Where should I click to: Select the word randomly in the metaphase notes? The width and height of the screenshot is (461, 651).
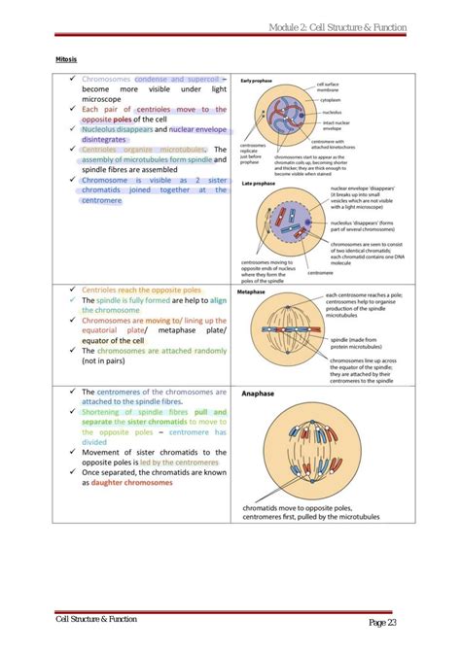pos(205,350)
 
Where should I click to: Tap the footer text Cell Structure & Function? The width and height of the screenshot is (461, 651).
pos(95,619)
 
